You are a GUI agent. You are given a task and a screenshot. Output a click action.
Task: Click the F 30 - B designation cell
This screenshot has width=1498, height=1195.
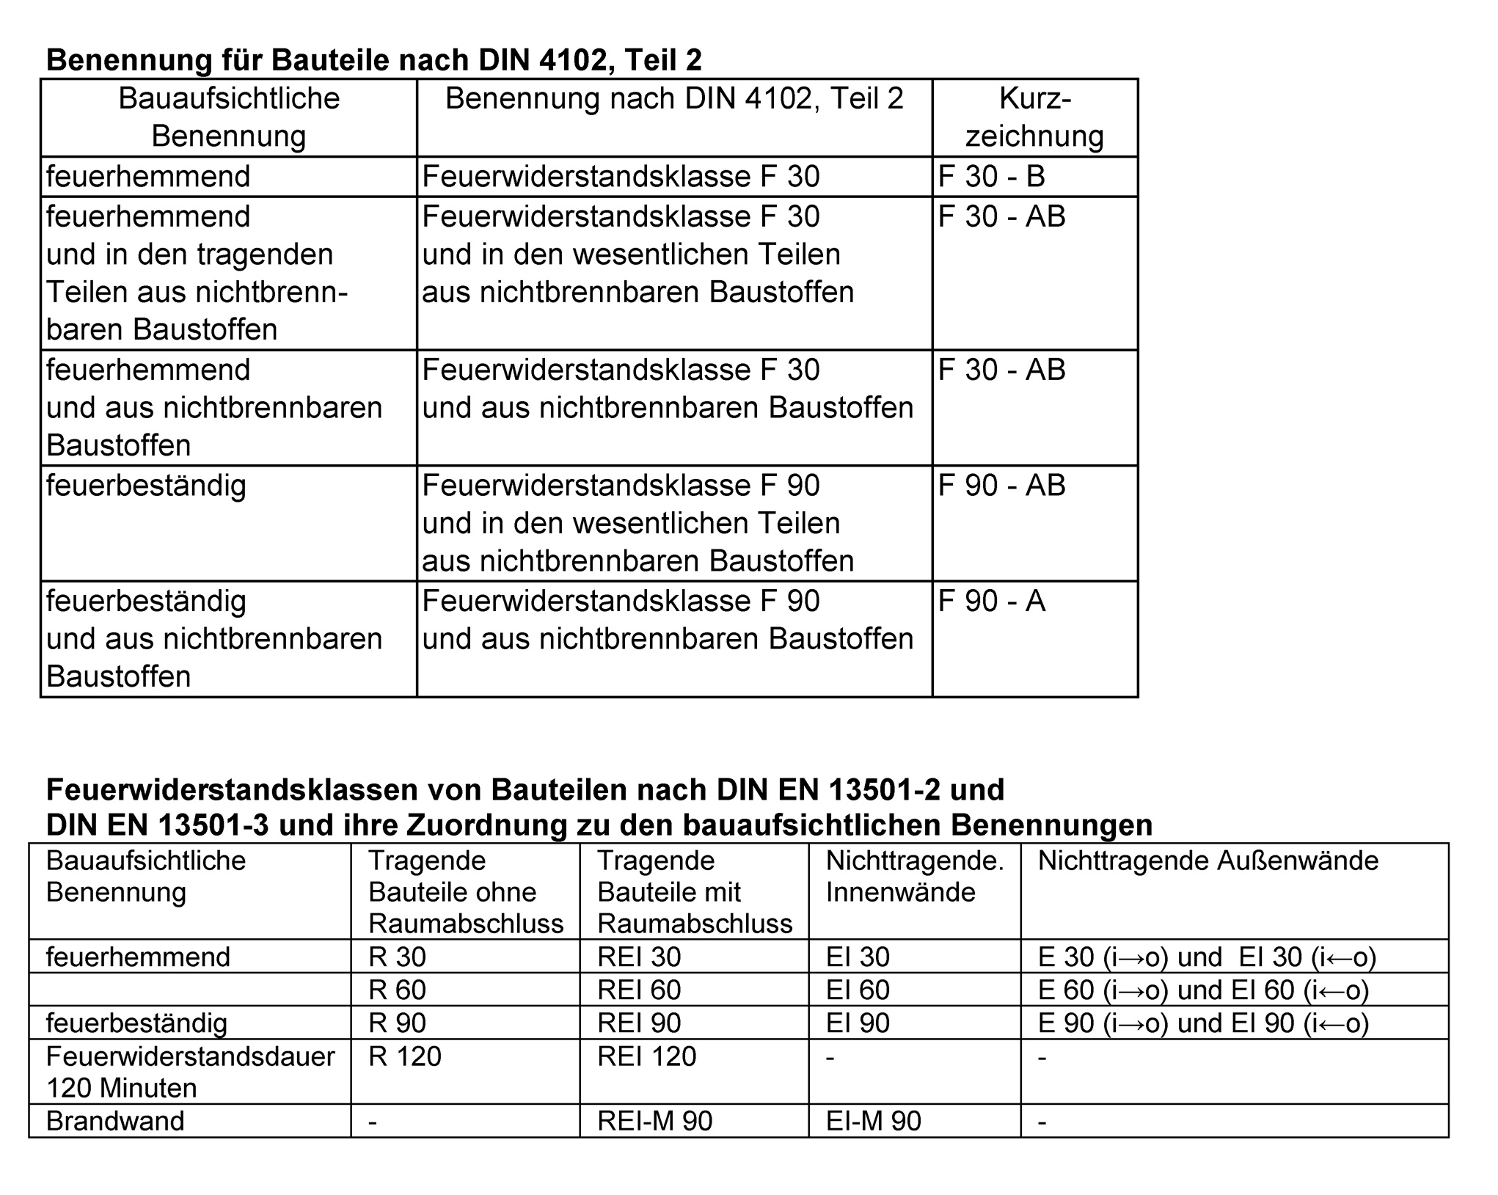(x=991, y=177)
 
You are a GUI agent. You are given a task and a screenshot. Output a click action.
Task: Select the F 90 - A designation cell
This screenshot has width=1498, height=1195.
(x=991, y=602)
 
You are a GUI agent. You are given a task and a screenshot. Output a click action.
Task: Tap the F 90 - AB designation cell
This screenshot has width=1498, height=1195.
(x=1001, y=486)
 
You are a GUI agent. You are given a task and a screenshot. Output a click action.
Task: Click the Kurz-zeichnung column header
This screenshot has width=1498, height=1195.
(x=1034, y=117)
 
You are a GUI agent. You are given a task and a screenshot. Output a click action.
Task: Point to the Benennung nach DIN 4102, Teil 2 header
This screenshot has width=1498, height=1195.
(x=674, y=99)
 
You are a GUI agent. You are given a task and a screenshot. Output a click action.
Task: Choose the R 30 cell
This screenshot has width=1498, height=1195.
(x=397, y=957)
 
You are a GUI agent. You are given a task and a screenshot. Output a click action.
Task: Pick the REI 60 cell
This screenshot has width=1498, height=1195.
(x=639, y=990)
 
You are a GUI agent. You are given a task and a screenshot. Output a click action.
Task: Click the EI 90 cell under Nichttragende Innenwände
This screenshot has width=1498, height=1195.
(x=858, y=1023)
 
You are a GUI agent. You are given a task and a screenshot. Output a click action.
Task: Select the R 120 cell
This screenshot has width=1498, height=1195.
(x=405, y=1056)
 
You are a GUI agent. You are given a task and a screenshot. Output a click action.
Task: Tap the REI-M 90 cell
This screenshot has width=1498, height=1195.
(x=654, y=1121)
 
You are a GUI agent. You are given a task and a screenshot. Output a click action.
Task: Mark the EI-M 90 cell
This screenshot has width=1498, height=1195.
(x=873, y=1121)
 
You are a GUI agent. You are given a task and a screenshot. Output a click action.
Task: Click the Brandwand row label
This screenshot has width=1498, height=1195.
(x=115, y=1121)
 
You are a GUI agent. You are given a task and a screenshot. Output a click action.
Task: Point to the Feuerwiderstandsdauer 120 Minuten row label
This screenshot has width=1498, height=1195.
(x=190, y=1072)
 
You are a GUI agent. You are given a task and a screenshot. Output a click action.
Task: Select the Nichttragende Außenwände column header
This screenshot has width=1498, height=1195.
(x=1208, y=860)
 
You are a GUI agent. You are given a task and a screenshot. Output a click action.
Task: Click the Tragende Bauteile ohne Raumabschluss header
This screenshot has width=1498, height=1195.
(x=465, y=891)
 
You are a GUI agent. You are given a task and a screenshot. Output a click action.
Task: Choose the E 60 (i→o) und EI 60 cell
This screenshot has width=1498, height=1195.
(x=1203, y=990)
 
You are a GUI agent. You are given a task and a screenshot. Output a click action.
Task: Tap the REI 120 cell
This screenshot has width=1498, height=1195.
(x=646, y=1056)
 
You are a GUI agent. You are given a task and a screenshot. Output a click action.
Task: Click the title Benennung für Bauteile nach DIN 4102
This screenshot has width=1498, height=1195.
(x=373, y=60)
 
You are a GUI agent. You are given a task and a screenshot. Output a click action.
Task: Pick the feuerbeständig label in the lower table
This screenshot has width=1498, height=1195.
(x=136, y=1023)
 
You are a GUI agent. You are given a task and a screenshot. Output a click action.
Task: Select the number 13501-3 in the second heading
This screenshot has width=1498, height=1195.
(x=213, y=825)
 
